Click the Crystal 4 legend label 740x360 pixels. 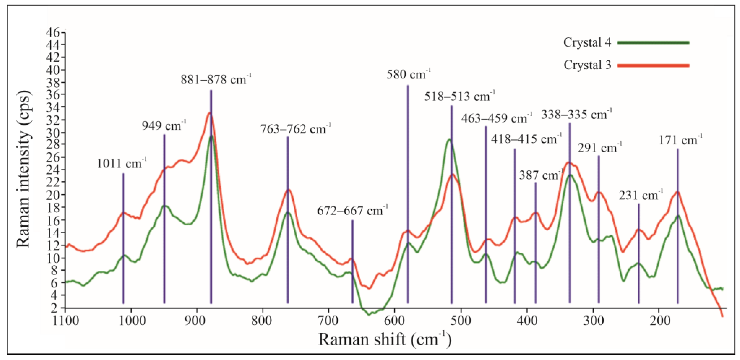pyautogui.click(x=587, y=43)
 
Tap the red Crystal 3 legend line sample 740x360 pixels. pyautogui.click(x=653, y=65)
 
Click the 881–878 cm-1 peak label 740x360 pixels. pyautogui.click(x=216, y=79)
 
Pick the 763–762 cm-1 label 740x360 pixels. pyautogui.click(x=296, y=129)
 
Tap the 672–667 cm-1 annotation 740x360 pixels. pyautogui.click(x=352, y=211)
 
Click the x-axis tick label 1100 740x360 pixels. pyautogui.click(x=66, y=320)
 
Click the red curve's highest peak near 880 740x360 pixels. pyautogui.click(x=209, y=113)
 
